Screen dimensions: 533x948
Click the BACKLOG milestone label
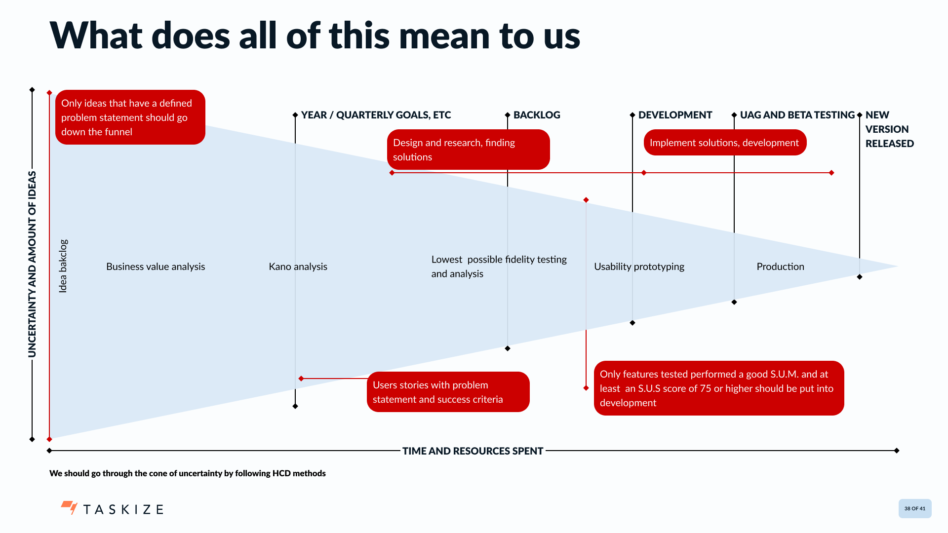click(537, 115)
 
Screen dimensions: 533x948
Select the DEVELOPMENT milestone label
click(675, 115)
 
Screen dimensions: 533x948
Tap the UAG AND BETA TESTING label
click(797, 115)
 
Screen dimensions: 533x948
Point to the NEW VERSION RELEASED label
click(889, 129)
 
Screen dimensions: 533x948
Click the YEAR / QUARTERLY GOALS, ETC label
click(376, 115)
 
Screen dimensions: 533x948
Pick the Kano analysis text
click(298, 266)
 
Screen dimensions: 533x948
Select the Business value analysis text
click(156, 266)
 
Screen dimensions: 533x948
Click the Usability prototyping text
click(639, 266)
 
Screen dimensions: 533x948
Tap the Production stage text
click(780, 266)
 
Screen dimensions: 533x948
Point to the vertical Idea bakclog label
click(63, 266)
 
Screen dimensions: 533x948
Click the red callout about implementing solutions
click(725, 143)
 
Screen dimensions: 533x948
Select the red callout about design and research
click(468, 150)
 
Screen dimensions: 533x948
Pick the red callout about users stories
click(448, 392)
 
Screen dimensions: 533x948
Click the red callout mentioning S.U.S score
click(718, 388)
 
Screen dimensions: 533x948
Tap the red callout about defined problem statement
click(130, 117)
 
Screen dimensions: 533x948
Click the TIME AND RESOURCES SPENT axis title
click(473, 451)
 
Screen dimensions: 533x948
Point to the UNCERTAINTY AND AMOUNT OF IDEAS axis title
click(32, 264)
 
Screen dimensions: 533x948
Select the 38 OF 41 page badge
click(914, 508)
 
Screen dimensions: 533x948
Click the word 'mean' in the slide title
click(443, 36)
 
